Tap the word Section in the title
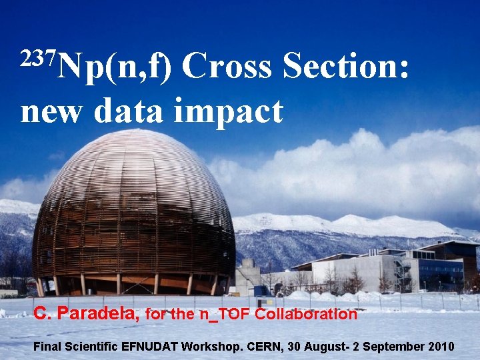tap(345, 68)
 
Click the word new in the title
tap(53, 111)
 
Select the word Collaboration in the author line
tap(306, 314)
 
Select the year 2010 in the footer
tap(441, 347)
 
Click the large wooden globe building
tap(133, 213)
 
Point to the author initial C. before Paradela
tap(43, 314)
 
